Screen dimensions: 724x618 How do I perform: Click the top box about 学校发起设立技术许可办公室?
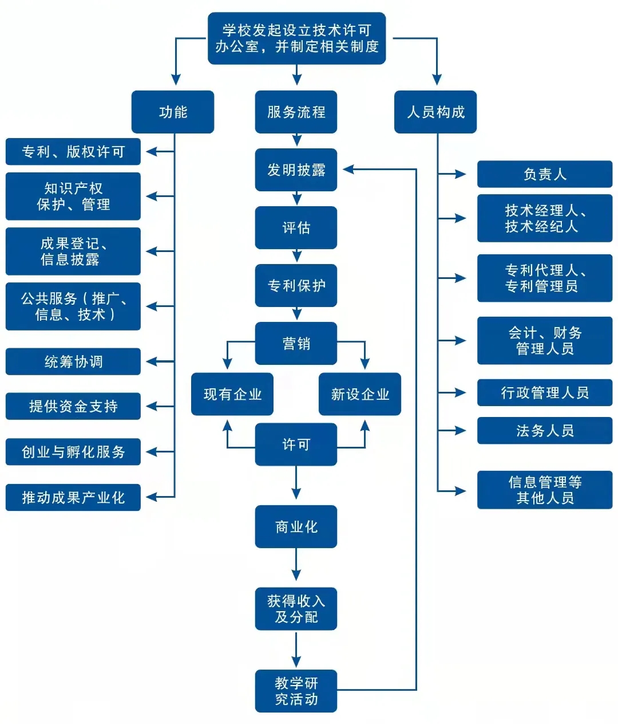(x=296, y=38)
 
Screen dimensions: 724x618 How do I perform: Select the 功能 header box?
(x=173, y=112)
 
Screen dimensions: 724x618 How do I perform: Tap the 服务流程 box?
(x=296, y=112)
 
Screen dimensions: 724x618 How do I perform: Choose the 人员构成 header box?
(x=435, y=112)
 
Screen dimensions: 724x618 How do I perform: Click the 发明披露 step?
(x=296, y=170)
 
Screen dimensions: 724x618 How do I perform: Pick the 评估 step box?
(x=296, y=228)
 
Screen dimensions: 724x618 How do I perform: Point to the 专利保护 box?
(x=296, y=285)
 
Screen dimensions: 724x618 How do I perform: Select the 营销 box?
(x=296, y=344)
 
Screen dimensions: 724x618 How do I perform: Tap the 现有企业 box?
(x=232, y=394)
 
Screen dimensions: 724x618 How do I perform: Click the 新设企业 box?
(x=360, y=394)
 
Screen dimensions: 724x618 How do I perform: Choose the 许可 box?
(x=296, y=444)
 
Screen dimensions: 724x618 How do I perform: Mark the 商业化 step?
(x=296, y=527)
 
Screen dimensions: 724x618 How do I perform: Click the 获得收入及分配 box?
(x=296, y=609)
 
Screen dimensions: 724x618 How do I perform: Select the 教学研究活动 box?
(x=296, y=691)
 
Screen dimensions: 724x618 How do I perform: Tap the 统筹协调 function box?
(x=73, y=361)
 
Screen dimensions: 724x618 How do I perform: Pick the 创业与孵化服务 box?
(x=73, y=452)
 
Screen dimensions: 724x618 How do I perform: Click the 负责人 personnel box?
(x=545, y=174)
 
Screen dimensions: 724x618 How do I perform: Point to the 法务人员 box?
(x=545, y=431)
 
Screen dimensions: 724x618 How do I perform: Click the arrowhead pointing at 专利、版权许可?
(x=151, y=152)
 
